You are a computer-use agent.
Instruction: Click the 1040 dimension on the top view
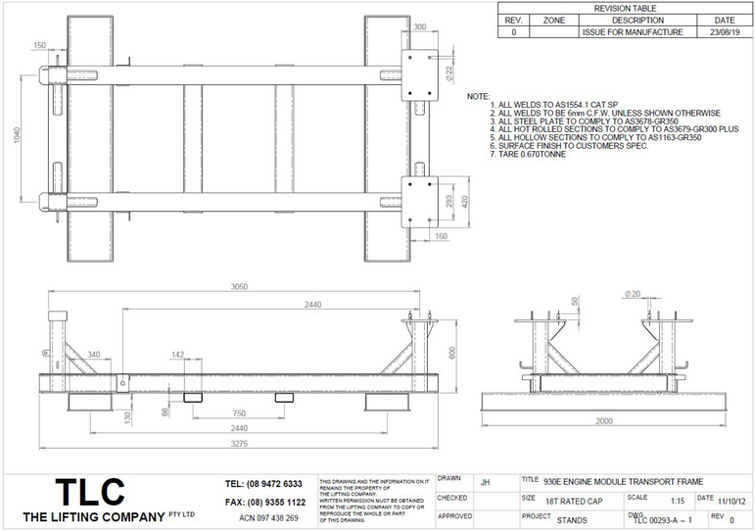tap(15, 136)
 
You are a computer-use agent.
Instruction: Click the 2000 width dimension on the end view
tap(606, 420)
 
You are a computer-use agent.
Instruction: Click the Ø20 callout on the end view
tap(633, 293)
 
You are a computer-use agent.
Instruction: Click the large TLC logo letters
tap(89, 491)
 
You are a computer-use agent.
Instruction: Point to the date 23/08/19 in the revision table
tap(725, 32)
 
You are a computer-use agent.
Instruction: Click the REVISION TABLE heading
tap(626, 8)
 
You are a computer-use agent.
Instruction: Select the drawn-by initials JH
tap(486, 482)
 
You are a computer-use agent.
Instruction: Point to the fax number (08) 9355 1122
tap(263, 502)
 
